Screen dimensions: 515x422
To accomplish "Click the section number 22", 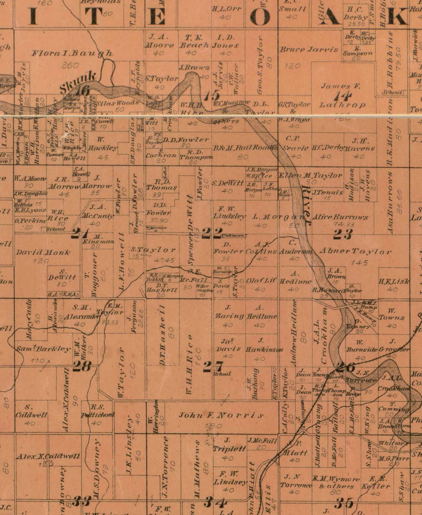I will [212, 233].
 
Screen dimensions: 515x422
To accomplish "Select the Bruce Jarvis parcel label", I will [309, 50].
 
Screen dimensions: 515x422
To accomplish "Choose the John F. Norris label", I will [221, 415].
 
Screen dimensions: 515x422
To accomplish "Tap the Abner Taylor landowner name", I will [356, 251].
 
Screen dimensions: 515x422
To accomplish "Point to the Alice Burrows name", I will [340, 217].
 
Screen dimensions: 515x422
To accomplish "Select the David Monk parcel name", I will [43, 252].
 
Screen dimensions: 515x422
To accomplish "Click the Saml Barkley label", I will [43, 349].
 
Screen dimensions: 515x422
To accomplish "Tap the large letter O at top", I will [260, 17].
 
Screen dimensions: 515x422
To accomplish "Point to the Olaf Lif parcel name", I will [261, 281].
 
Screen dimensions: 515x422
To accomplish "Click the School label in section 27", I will [222, 374].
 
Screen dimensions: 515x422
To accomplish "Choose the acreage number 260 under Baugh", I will [70, 65].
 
